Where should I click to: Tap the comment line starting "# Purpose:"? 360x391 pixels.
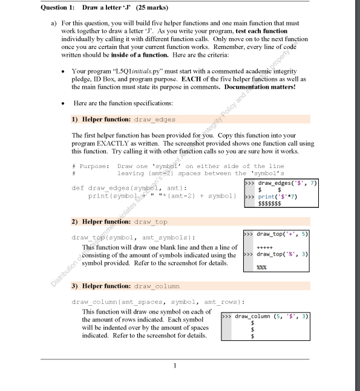point(90,166)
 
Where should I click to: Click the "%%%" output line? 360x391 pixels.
point(262,267)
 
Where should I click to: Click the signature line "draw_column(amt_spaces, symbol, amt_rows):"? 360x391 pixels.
point(137,301)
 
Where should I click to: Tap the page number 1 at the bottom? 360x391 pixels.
point(174,365)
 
